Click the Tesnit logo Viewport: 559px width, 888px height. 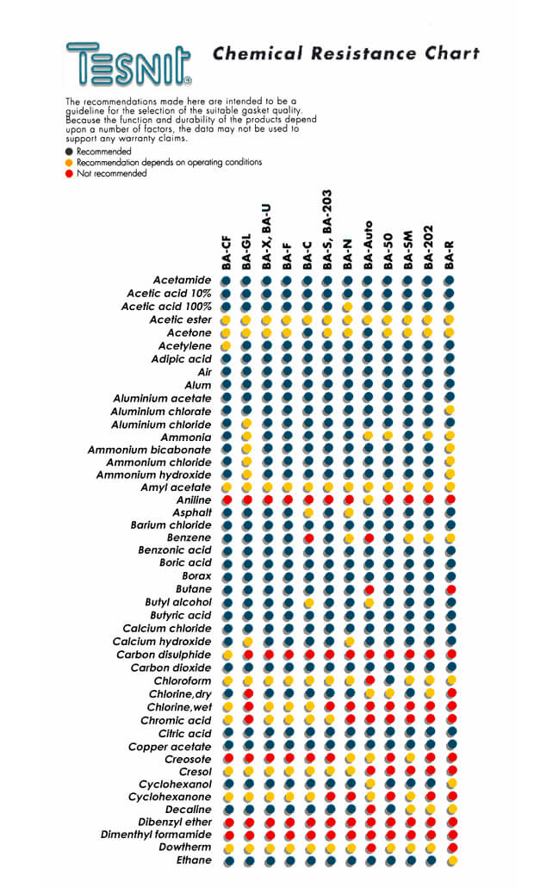click(x=128, y=64)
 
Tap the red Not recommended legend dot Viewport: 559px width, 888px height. click(x=69, y=173)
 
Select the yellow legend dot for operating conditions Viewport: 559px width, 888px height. click(x=69, y=163)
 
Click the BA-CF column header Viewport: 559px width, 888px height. click(x=226, y=253)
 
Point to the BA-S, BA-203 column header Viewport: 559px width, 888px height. click(x=327, y=230)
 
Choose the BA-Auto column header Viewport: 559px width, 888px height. click(x=368, y=245)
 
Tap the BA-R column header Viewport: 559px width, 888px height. click(x=449, y=255)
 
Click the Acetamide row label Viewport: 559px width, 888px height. click(x=182, y=280)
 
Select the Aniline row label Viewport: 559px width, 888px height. click(x=194, y=500)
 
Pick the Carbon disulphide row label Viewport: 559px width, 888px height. click(x=164, y=655)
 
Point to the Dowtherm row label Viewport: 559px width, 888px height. click(x=184, y=848)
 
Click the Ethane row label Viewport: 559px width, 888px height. click(x=194, y=860)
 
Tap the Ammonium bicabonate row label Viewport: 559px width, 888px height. click(x=149, y=450)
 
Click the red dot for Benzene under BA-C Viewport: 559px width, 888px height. click(x=308, y=537)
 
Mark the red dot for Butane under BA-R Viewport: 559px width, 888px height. click(x=451, y=589)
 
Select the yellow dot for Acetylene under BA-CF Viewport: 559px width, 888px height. click(x=226, y=345)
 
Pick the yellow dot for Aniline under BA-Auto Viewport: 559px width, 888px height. click(x=369, y=500)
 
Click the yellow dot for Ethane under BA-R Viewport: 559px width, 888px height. click(x=452, y=860)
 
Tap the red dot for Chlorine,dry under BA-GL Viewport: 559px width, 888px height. click(x=248, y=693)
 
